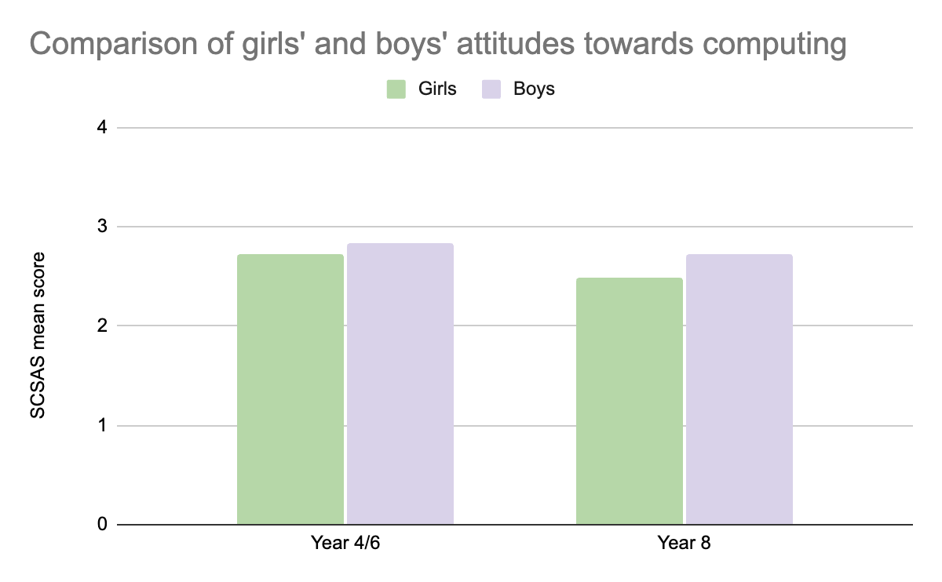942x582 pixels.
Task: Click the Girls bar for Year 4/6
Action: [x=290, y=389]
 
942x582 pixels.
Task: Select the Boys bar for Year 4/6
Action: [x=400, y=384]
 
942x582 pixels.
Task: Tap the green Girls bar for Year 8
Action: [x=630, y=401]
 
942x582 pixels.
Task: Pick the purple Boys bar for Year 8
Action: [x=739, y=389]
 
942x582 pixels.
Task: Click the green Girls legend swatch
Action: [x=396, y=89]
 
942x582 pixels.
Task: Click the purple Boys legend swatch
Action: [x=491, y=89]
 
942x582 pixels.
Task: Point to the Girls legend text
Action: [x=436, y=89]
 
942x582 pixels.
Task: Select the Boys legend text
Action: [x=534, y=89]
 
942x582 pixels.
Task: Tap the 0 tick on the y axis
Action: [x=102, y=524]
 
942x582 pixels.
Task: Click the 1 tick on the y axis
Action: [x=102, y=426]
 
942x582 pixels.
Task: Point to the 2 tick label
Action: [x=102, y=326]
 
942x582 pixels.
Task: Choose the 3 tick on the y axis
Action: [x=102, y=227]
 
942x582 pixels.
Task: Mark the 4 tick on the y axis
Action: [x=102, y=127]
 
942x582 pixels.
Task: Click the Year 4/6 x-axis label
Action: [x=345, y=544]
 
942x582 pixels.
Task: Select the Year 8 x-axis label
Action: [x=685, y=544]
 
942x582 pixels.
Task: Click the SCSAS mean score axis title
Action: [x=38, y=335]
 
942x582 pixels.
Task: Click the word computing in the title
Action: [x=773, y=45]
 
